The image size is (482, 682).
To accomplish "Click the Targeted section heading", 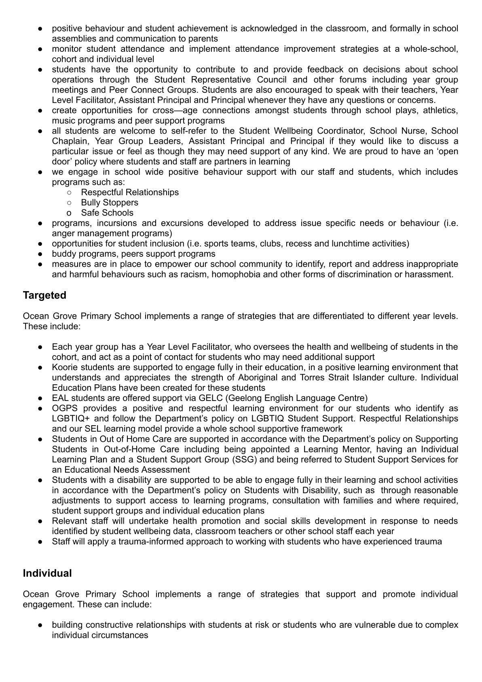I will coord(44,295).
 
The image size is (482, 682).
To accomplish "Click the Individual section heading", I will coord(47,573).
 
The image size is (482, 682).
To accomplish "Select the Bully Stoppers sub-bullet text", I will coord(110,202).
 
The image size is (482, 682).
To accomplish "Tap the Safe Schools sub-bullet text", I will coord(107,213).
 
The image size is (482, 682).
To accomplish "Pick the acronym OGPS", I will coord(64,408).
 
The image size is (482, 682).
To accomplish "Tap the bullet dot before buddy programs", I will coord(40,254).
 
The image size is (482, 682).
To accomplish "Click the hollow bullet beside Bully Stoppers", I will coord(69,202).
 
